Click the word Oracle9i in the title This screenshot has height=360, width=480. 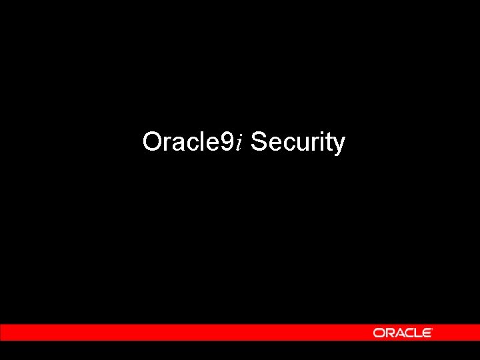click(x=193, y=142)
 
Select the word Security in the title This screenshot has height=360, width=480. click(x=298, y=143)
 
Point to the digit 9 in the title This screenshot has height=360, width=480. click(x=227, y=142)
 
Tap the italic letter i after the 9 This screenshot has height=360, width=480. click(x=239, y=142)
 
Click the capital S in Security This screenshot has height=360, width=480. click(x=258, y=142)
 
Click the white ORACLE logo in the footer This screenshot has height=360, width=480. click(x=403, y=333)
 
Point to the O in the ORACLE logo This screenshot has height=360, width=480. click(x=378, y=333)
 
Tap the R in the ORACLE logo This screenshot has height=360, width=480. click(x=388, y=333)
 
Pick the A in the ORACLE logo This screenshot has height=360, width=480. click(x=398, y=333)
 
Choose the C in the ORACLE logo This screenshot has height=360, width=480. click(x=408, y=333)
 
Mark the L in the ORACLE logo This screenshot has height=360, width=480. click(x=418, y=333)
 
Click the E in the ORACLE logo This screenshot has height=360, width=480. click(x=427, y=333)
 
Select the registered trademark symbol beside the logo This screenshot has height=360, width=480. click(x=433, y=329)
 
